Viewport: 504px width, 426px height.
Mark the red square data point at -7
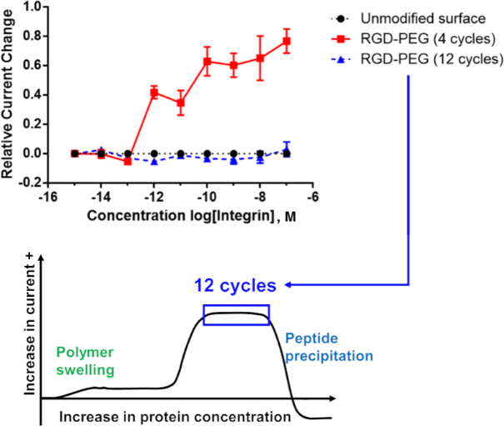coord(287,41)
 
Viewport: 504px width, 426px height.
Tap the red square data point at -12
coord(154,93)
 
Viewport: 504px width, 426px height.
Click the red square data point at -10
coord(207,61)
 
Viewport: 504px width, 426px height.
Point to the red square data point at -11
coord(180,103)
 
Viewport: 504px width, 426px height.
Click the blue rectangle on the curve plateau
coord(237,314)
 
